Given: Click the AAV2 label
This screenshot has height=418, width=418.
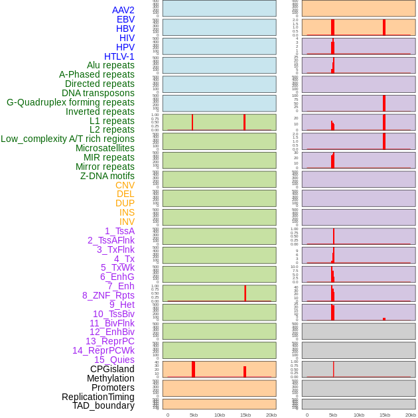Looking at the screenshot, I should click(x=123, y=10).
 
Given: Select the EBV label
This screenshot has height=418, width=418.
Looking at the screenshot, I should click(x=125, y=19).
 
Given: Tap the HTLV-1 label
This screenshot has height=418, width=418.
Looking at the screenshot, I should click(x=119, y=56).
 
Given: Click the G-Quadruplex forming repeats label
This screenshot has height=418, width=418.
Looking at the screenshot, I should click(x=70, y=102).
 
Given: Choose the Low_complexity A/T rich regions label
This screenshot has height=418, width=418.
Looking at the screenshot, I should click(x=68, y=139).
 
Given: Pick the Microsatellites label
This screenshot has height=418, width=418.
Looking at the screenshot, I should click(x=105, y=148).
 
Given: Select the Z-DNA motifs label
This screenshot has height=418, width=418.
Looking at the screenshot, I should click(x=107, y=176).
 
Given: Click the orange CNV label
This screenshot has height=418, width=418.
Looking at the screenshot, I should click(x=125, y=185).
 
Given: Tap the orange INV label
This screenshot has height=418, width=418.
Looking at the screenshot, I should click(x=127, y=222).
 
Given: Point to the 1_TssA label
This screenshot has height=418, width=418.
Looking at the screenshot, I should click(x=119, y=231).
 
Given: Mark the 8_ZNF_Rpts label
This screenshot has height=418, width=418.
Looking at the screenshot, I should click(x=108, y=295).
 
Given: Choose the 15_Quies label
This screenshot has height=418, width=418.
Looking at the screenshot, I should click(x=114, y=360).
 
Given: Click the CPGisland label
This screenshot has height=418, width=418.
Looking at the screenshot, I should click(x=112, y=369).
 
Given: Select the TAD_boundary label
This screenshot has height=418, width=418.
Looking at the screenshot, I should click(x=104, y=405).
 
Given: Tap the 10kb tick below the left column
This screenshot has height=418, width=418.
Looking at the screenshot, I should click(x=220, y=415).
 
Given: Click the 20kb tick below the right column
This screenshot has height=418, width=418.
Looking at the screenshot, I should click(x=411, y=415).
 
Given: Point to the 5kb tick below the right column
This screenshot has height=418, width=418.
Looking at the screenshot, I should click(x=333, y=415).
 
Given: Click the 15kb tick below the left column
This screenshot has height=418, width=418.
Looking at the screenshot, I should click(x=245, y=415).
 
